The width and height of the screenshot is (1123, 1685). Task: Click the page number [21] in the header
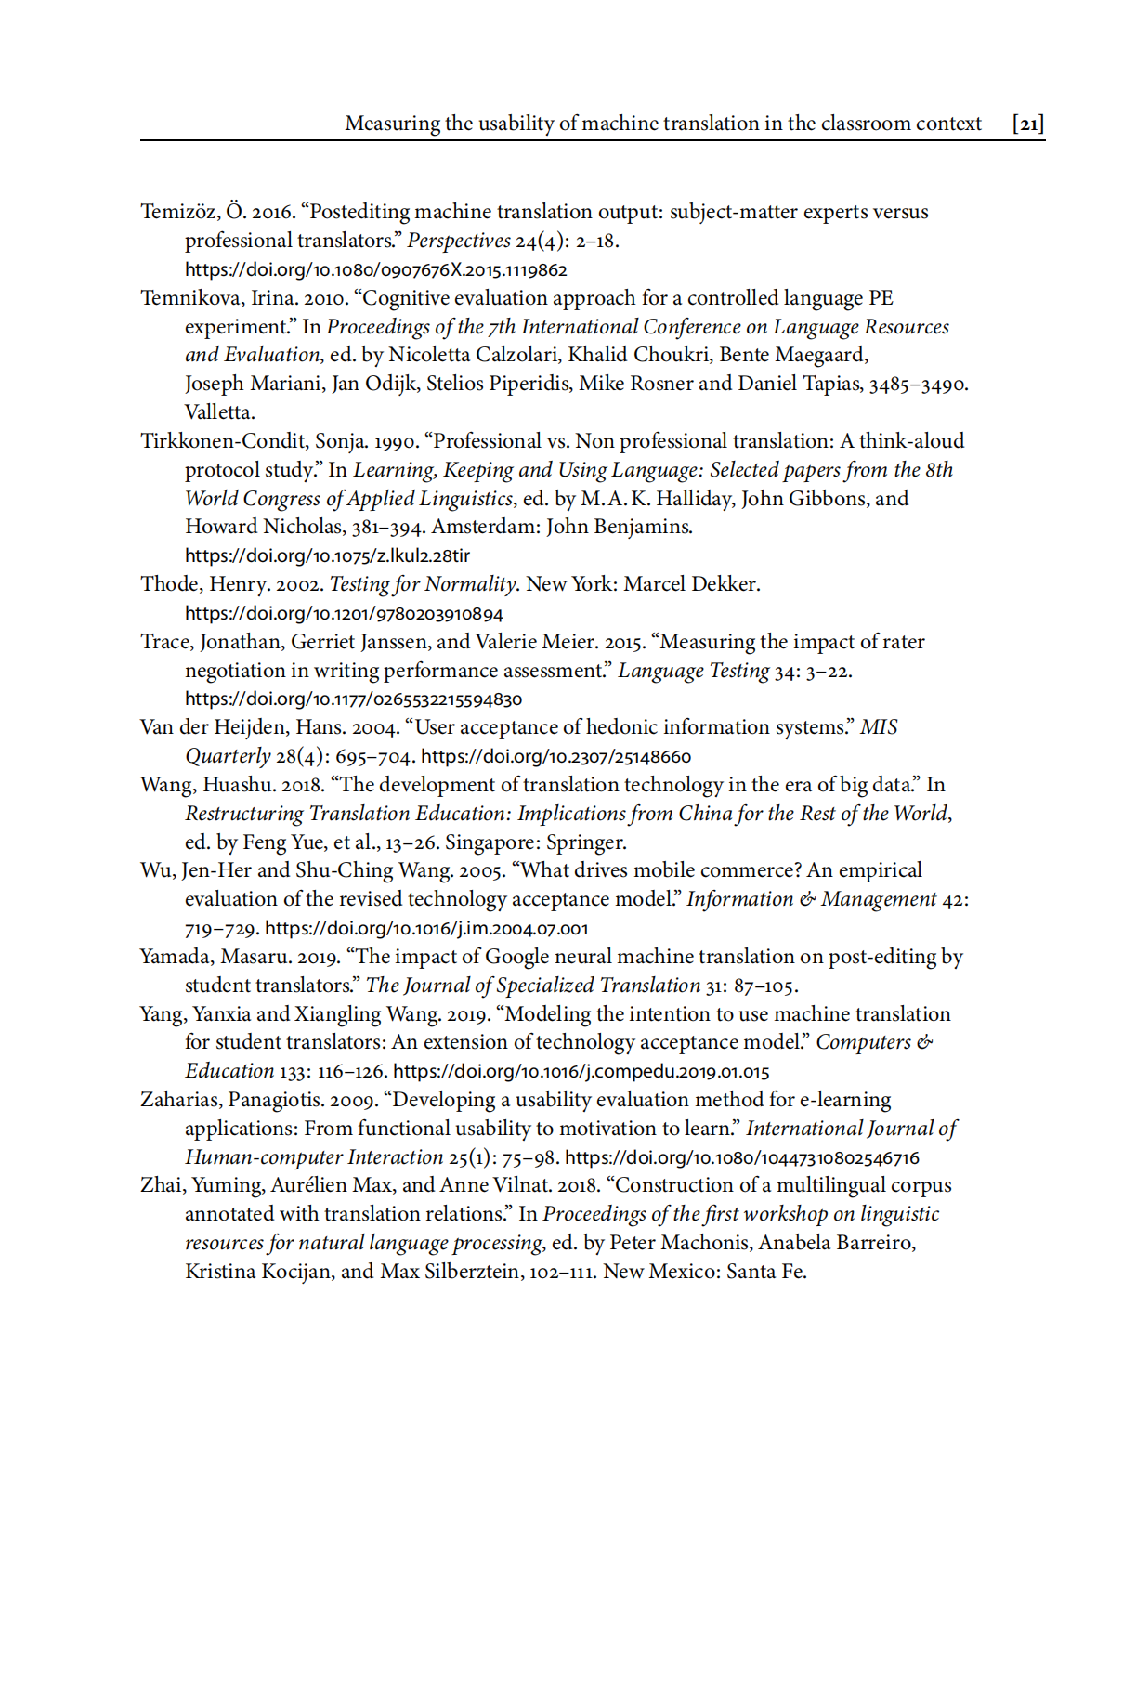coord(1027,124)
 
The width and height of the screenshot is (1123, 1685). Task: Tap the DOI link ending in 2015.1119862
coord(375,270)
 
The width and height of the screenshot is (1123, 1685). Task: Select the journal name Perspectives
coord(459,241)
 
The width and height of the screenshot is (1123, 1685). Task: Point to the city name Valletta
coord(219,411)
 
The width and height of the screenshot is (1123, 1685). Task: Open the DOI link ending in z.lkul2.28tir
coord(327,556)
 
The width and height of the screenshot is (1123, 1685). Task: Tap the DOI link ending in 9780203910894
coord(344,614)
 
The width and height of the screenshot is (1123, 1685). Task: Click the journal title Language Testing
coord(693,671)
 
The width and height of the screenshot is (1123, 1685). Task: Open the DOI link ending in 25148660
coord(555,757)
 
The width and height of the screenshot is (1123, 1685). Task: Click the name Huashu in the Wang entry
coord(237,785)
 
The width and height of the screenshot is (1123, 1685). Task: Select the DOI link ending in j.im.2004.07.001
coord(426,928)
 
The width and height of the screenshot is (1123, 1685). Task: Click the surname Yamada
coord(176,957)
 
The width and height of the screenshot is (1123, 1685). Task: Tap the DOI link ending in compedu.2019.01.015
coord(581,1071)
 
